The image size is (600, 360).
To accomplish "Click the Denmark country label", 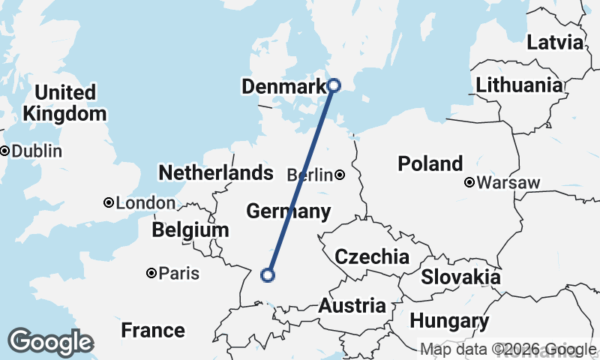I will [x=283, y=87].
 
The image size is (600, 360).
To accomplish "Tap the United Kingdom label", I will [x=65, y=103].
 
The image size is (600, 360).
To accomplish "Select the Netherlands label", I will [x=215, y=173].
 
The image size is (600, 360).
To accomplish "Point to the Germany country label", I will [x=288, y=211].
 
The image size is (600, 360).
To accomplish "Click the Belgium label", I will [x=190, y=229].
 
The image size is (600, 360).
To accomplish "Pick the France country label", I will [x=153, y=330].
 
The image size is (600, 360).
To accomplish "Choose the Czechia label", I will [x=372, y=257].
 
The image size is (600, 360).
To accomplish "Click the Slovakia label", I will [x=460, y=277].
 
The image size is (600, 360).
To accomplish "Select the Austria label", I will [x=352, y=306].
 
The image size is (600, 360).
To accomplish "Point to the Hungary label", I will [x=449, y=322].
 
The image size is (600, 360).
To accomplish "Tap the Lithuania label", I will [x=518, y=85].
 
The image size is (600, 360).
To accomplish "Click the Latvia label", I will [x=554, y=42].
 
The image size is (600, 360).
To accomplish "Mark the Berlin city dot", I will [x=340, y=175].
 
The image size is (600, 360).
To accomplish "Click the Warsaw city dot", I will [x=469, y=182].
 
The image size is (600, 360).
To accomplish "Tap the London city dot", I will [x=109, y=202].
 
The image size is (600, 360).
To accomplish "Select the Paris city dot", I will [x=151, y=273].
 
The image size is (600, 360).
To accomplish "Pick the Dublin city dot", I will [x=4, y=151].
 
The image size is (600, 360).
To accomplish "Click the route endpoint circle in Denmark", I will [x=334, y=85].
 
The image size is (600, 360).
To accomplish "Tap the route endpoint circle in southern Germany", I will [x=267, y=275].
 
